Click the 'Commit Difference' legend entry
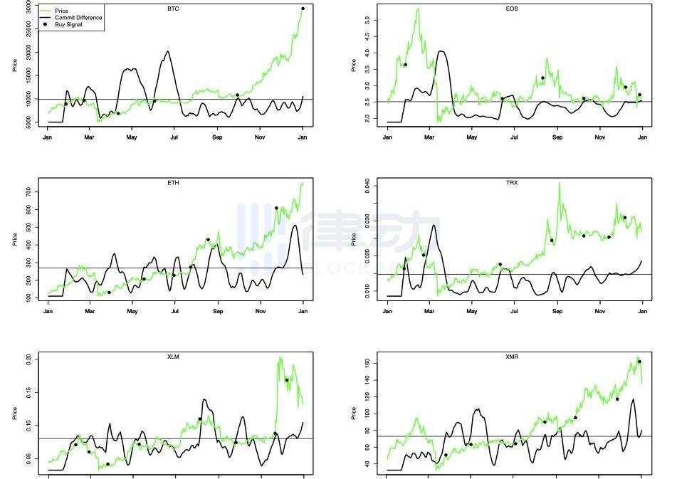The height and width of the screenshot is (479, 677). (x=78, y=18)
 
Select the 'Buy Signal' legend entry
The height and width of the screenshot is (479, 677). (x=68, y=24)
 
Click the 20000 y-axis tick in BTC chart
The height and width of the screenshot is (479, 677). (x=28, y=52)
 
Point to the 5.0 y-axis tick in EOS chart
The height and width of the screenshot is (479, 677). (x=367, y=20)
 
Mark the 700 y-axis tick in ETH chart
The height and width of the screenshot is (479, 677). (x=28, y=192)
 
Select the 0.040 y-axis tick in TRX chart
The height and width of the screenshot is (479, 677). (x=367, y=186)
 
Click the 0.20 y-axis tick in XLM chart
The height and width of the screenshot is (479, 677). (x=28, y=361)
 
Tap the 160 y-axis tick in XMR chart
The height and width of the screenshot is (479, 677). (x=367, y=363)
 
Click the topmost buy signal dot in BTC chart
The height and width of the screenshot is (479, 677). (x=303, y=9)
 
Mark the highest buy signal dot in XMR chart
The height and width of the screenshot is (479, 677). (x=639, y=362)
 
